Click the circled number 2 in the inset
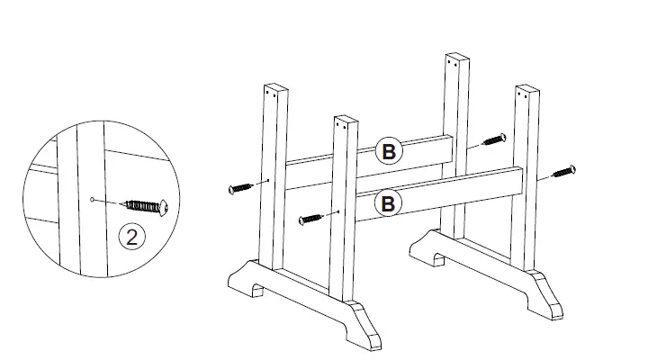pyautogui.click(x=132, y=238)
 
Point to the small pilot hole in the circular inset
pyautogui.click(x=93, y=197)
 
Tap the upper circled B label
pyautogui.click(x=388, y=152)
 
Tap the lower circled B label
pyautogui.click(x=388, y=203)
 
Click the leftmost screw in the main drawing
pyautogui.click(x=244, y=188)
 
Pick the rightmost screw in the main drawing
pyautogui.click(x=560, y=171)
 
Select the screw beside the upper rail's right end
pyautogui.click(x=493, y=139)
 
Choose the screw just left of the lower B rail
pyautogui.click(x=311, y=217)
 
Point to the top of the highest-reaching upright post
pyautogui.click(x=458, y=59)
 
